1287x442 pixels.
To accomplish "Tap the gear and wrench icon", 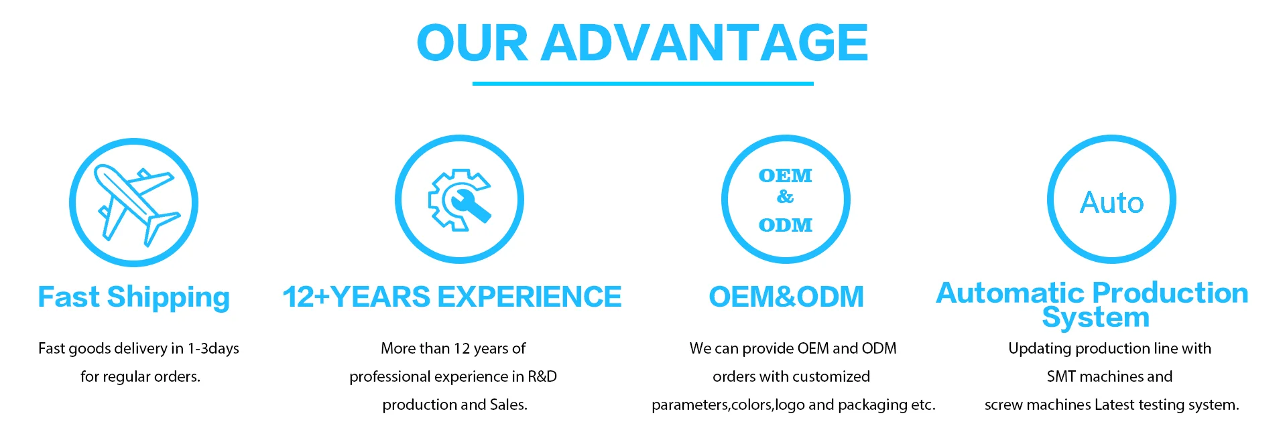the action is pyautogui.click(x=460, y=200).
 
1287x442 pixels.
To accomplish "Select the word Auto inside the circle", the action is pyautogui.click(x=1111, y=202).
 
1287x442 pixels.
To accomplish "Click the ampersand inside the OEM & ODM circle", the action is pyautogui.click(x=785, y=197).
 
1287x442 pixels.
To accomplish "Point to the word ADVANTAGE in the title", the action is pyautogui.click(x=704, y=43).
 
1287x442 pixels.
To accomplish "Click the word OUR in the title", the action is pyautogui.click(x=473, y=43).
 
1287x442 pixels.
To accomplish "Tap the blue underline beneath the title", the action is pyautogui.click(x=643, y=84).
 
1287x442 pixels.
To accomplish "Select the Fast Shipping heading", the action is pyautogui.click(x=134, y=297).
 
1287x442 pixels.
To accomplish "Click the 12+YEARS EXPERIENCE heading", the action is pyautogui.click(x=452, y=297).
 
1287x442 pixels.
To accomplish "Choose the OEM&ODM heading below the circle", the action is pyautogui.click(x=786, y=297).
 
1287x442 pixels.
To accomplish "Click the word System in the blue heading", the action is pyautogui.click(x=1096, y=317).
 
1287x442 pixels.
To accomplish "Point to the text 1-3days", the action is pyautogui.click(x=213, y=349).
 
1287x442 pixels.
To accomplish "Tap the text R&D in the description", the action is pyautogui.click(x=542, y=376).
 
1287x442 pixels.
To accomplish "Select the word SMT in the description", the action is pyautogui.click(x=1061, y=376).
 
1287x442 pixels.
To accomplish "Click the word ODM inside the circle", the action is pyautogui.click(x=786, y=225).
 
